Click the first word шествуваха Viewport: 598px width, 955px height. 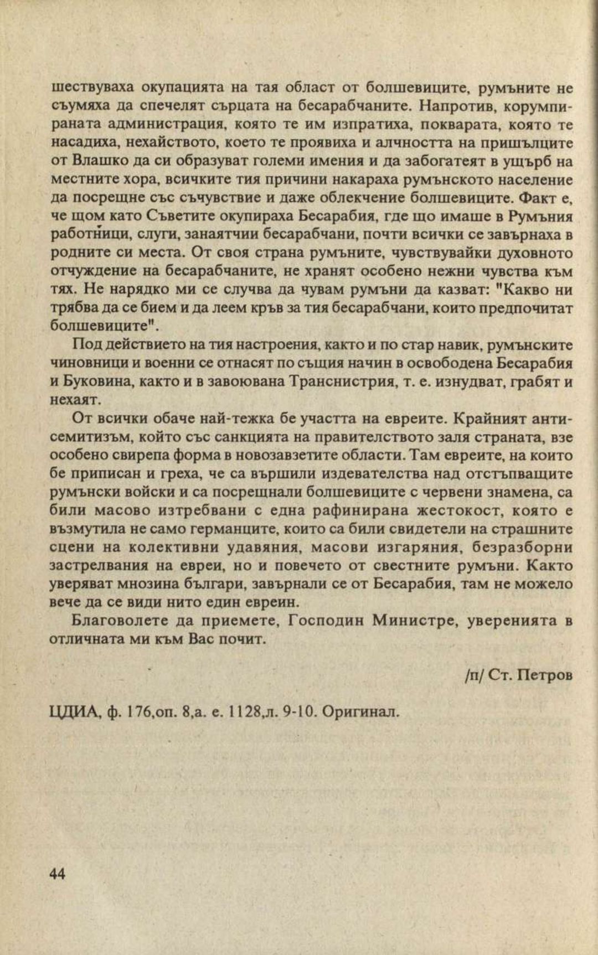(x=92, y=87)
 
